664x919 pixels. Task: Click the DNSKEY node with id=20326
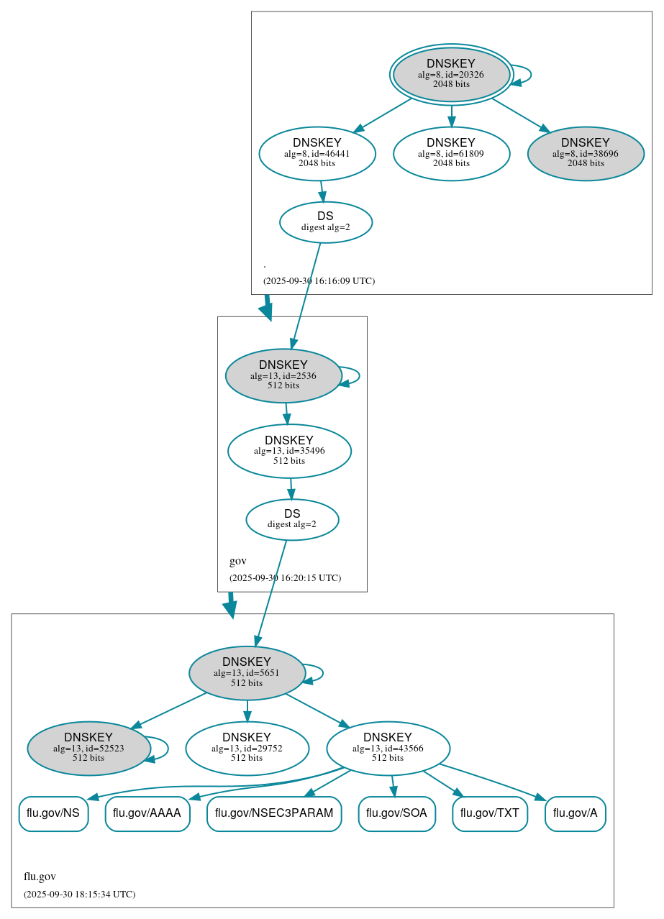pyautogui.click(x=451, y=74)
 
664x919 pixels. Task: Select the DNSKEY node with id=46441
pyautogui.click(x=317, y=153)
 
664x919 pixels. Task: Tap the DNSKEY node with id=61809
pyautogui.click(x=451, y=153)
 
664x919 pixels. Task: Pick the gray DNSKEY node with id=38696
pyautogui.click(x=586, y=153)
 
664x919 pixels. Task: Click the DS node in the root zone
pyautogui.click(x=325, y=221)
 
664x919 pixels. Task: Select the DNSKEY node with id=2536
pyautogui.click(x=283, y=375)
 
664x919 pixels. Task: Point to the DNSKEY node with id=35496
pyautogui.click(x=289, y=451)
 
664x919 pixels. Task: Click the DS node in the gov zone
pyautogui.click(x=292, y=519)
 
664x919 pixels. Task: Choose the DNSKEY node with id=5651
pyautogui.click(x=247, y=672)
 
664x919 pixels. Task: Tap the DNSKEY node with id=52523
pyautogui.click(x=88, y=748)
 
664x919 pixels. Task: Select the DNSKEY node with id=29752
pyautogui.click(x=247, y=748)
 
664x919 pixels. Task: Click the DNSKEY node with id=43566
pyautogui.click(x=388, y=748)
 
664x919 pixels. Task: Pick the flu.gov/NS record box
pyautogui.click(x=53, y=813)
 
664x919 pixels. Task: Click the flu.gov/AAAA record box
pyautogui.click(x=147, y=813)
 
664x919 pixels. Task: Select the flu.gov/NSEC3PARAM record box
pyautogui.click(x=274, y=813)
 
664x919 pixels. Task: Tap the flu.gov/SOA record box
pyautogui.click(x=396, y=813)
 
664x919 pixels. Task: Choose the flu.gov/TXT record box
pyautogui.click(x=490, y=813)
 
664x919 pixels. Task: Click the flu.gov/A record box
pyautogui.click(x=576, y=813)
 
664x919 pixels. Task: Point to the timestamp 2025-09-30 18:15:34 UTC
pyautogui.click(x=79, y=895)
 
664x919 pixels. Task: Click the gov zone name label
pyautogui.click(x=238, y=561)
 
